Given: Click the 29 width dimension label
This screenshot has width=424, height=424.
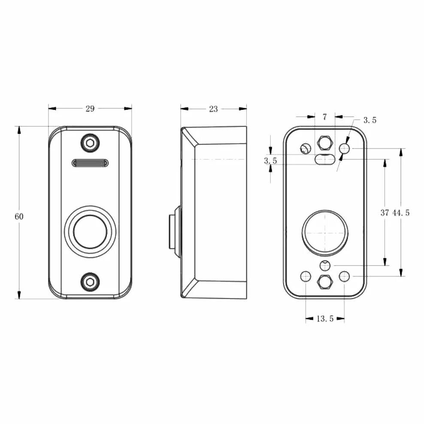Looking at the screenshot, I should (90, 109).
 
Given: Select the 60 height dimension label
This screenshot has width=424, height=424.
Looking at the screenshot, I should (19, 217).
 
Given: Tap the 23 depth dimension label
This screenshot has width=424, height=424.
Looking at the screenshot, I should (213, 109).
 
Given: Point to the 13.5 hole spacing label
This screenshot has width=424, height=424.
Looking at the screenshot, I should (325, 319).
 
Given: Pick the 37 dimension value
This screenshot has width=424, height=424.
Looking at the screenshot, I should (385, 212).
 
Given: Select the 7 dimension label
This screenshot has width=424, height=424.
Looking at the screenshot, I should (325, 116).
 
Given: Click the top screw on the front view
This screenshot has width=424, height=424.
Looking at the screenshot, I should (90, 142).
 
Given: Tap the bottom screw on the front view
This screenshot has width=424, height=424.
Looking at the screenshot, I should (90, 282).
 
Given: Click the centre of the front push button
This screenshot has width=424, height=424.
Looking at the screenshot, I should (90, 232).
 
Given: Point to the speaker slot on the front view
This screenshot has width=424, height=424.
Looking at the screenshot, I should (90, 163).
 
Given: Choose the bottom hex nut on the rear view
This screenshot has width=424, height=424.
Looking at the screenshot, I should (325, 282).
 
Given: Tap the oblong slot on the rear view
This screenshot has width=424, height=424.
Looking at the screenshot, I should (325, 159).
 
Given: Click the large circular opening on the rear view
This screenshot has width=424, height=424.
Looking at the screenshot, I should (325, 232).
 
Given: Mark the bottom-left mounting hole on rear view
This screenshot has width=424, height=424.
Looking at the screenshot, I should (306, 276).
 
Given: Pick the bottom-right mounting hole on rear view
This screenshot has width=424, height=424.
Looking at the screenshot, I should (344, 276).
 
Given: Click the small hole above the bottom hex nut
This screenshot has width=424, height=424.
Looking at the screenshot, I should (325, 266).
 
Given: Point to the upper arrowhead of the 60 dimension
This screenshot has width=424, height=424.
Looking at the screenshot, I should (19, 130).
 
